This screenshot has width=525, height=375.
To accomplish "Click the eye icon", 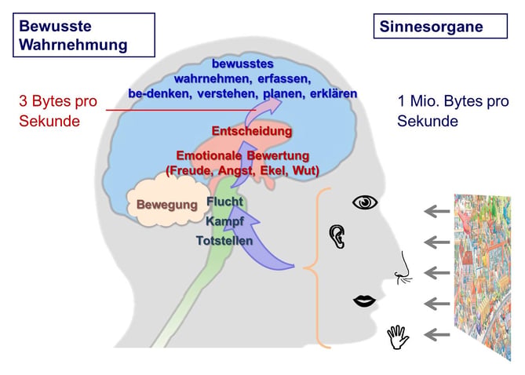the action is (365, 202).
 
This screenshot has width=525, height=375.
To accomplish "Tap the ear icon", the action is (337, 236).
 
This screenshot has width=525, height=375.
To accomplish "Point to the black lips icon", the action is (365, 300).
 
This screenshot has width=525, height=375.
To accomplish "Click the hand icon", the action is (398, 337).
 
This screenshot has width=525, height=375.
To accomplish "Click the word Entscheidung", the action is (252, 131).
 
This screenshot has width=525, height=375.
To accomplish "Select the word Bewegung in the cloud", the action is (167, 205).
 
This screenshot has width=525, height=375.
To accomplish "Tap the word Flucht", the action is (224, 201).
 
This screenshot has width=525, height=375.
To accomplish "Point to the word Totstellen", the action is (224, 240).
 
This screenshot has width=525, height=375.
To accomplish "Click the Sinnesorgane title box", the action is (440, 26).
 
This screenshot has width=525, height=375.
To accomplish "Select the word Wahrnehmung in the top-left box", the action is (73, 45).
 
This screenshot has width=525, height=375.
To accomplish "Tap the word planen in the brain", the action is (284, 94).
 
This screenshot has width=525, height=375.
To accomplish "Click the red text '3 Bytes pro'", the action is (58, 101).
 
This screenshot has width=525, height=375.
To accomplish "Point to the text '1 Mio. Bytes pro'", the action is (453, 100).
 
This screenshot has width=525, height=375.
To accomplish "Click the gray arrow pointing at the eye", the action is (437, 211).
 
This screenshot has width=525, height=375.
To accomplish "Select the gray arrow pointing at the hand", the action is (437, 334).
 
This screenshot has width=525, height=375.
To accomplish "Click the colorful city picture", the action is (483, 277).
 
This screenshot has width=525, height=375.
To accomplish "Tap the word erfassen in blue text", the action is (284, 79).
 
